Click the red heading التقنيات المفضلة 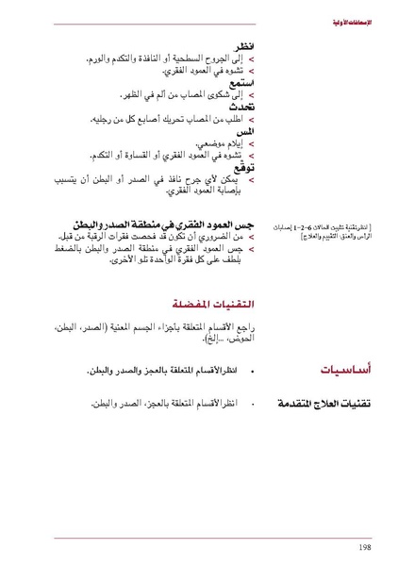[x=216, y=304]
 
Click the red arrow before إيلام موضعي [x=251, y=144]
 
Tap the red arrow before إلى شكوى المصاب [x=251, y=95]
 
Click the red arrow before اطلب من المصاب [x=251, y=120]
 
